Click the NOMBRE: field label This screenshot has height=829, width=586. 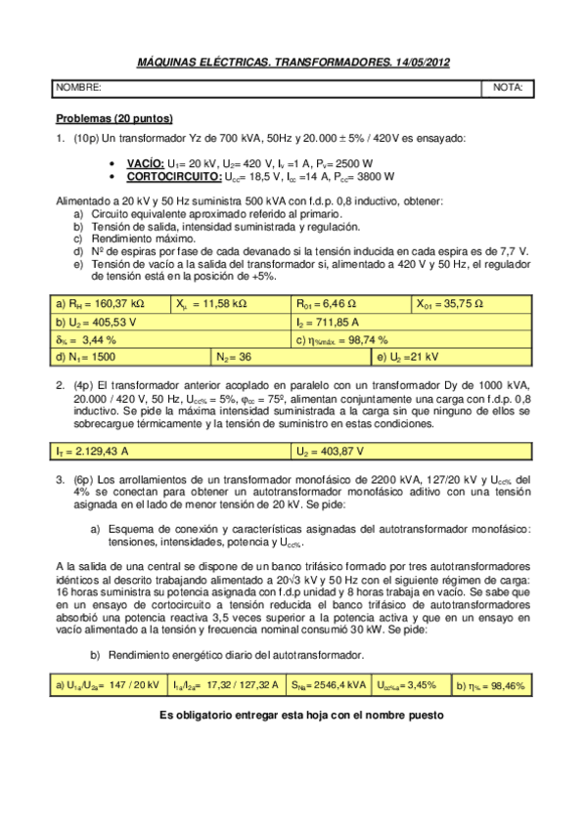(x=78, y=88)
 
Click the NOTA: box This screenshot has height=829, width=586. (x=508, y=88)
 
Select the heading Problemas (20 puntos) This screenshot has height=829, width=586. (x=114, y=117)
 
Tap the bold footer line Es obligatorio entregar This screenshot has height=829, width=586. (x=301, y=715)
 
